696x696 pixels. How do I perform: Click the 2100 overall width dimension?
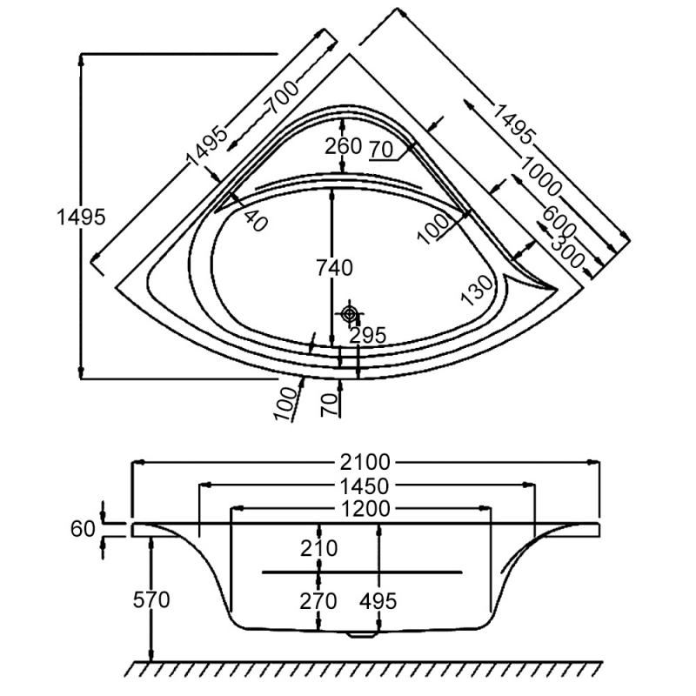(365, 462)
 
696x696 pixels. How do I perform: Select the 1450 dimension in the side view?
(365, 485)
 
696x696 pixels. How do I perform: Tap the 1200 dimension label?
(365, 508)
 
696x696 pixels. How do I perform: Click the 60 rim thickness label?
(83, 528)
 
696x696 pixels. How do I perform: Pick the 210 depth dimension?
(319, 548)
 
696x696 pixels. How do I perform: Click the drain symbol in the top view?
(350, 313)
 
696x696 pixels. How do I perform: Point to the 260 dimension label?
(343, 145)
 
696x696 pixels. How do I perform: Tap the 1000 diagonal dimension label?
(542, 177)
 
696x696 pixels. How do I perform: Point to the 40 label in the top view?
(253, 220)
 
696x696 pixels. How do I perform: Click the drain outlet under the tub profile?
(358, 633)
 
